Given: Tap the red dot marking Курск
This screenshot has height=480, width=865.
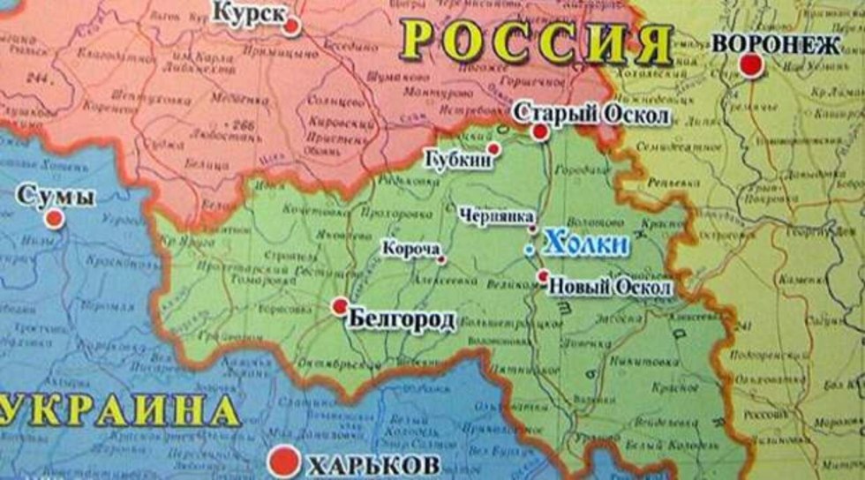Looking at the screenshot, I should (x=292, y=26).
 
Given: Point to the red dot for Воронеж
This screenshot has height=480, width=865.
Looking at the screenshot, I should (x=751, y=64).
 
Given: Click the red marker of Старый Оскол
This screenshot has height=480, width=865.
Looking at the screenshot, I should (x=540, y=132).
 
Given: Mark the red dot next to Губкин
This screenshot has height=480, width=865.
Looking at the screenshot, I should (x=494, y=148).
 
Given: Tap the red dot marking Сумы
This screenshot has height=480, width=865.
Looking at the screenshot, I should (x=55, y=218).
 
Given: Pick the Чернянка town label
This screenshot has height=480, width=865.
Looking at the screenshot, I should (x=497, y=215).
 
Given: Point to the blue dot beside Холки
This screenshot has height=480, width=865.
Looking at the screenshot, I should (x=529, y=251).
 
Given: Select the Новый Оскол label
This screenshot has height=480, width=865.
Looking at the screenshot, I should (x=609, y=288).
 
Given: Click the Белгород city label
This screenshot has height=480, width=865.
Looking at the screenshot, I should (x=402, y=319).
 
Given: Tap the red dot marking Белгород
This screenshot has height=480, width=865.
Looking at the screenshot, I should (x=340, y=306).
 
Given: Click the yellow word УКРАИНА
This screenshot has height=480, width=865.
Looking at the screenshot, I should (x=119, y=411).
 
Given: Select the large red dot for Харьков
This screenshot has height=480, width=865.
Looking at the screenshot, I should (x=284, y=461).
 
